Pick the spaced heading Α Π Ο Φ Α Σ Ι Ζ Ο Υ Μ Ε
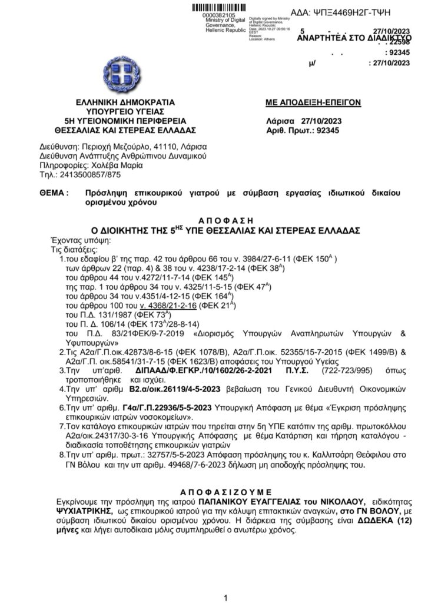click(x=218, y=490)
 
